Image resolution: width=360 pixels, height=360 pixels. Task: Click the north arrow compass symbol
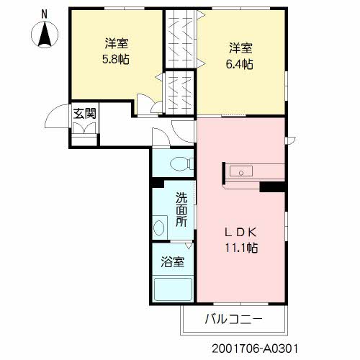pyautogui.click(x=45, y=34)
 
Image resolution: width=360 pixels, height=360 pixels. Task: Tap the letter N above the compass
pyautogui.click(x=45, y=14)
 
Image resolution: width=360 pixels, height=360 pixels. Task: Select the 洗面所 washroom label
pyautogui.click(x=182, y=208)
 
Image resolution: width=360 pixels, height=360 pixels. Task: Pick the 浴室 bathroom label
pyautogui.click(x=172, y=262)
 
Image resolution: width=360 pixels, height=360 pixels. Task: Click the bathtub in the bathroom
pyautogui.click(x=172, y=289)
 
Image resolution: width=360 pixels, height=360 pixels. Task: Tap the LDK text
pyautogui.click(x=241, y=232)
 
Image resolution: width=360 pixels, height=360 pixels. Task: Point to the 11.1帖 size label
pyautogui.click(x=241, y=248)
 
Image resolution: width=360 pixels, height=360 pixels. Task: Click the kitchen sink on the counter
pyautogui.click(x=241, y=171)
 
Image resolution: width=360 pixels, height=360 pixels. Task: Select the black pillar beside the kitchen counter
pyautogui.click(x=272, y=187)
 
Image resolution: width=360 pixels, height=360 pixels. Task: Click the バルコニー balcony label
pyautogui.click(x=233, y=318)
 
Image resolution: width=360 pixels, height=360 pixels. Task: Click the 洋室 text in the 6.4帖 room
pyautogui.click(x=241, y=48)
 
